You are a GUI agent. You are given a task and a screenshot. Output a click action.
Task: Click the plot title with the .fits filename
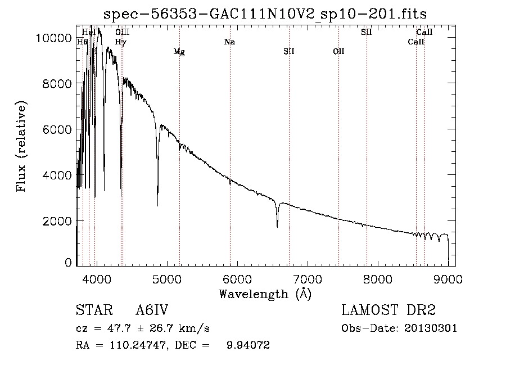pyautogui.click(x=265, y=13)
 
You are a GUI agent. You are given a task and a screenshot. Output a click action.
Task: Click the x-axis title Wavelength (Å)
pyautogui.click(x=265, y=294)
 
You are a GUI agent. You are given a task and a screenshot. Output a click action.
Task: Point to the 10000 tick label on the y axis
pyautogui.click(x=53, y=38)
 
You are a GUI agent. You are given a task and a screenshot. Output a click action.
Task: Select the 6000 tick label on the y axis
pyautogui.click(x=56, y=129)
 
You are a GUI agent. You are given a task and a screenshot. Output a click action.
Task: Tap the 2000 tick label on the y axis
pyautogui.click(x=56, y=221)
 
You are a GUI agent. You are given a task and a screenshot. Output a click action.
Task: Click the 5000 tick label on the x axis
pyautogui.click(x=166, y=279)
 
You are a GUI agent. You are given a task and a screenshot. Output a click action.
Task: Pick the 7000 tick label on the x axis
pyautogui.click(x=308, y=279)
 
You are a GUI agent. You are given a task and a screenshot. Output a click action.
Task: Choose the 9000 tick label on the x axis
pyautogui.click(x=448, y=279)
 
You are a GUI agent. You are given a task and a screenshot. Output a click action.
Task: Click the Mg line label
pyautogui.click(x=179, y=52)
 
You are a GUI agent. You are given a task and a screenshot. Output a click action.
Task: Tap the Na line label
pyautogui.click(x=229, y=42)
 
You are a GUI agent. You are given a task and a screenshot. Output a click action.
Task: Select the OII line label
pyautogui.click(x=338, y=52)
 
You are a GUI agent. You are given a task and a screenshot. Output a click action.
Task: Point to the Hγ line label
pyautogui.click(x=121, y=42)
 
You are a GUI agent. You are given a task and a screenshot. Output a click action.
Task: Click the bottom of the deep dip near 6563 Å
pyautogui.click(x=277, y=226)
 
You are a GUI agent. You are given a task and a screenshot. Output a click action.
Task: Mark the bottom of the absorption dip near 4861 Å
pyautogui.click(x=157, y=205)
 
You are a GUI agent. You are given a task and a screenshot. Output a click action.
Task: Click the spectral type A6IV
pyautogui.click(x=152, y=310)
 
